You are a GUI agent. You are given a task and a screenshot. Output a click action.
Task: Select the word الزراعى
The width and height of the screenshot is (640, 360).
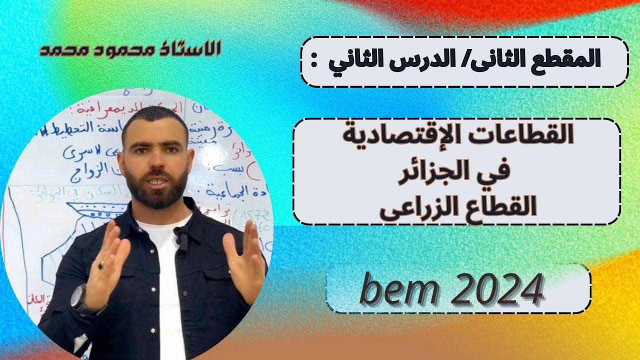(x=415, y=206)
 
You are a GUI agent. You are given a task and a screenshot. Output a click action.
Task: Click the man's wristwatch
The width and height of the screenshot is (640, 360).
(x=79, y=297)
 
